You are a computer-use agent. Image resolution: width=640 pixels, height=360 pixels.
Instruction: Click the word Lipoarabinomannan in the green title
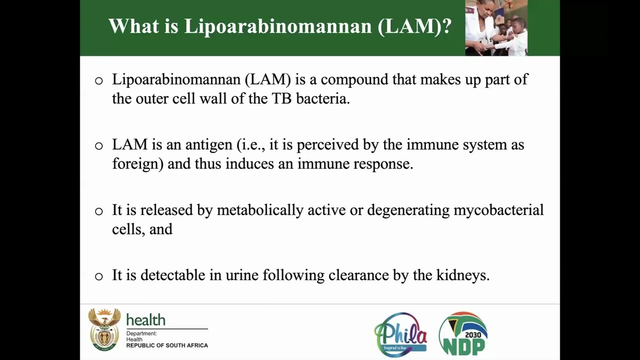(277, 26)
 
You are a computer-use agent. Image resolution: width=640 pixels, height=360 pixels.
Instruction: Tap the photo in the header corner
(495, 27)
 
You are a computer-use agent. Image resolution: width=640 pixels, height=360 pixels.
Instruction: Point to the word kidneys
(462, 275)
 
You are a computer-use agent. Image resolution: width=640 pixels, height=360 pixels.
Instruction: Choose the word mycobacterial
(498, 210)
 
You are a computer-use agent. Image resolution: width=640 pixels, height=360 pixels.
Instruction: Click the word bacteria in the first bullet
(322, 98)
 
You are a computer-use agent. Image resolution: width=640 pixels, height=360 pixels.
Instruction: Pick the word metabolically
(260, 210)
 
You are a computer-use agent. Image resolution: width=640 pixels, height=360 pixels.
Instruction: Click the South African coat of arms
(104, 329)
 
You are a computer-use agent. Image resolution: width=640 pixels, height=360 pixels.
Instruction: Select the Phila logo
(400, 334)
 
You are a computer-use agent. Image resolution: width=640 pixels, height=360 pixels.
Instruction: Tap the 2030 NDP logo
(463, 333)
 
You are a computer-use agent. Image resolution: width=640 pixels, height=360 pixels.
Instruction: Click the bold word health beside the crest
(145, 320)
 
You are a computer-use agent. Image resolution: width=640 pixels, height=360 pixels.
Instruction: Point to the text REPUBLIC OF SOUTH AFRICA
(167, 345)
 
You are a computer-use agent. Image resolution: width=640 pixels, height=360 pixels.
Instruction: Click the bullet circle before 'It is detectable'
(99, 276)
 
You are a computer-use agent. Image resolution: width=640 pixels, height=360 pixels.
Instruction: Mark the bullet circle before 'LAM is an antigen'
(99, 146)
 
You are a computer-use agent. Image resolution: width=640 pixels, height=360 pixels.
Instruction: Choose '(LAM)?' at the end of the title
(414, 26)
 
